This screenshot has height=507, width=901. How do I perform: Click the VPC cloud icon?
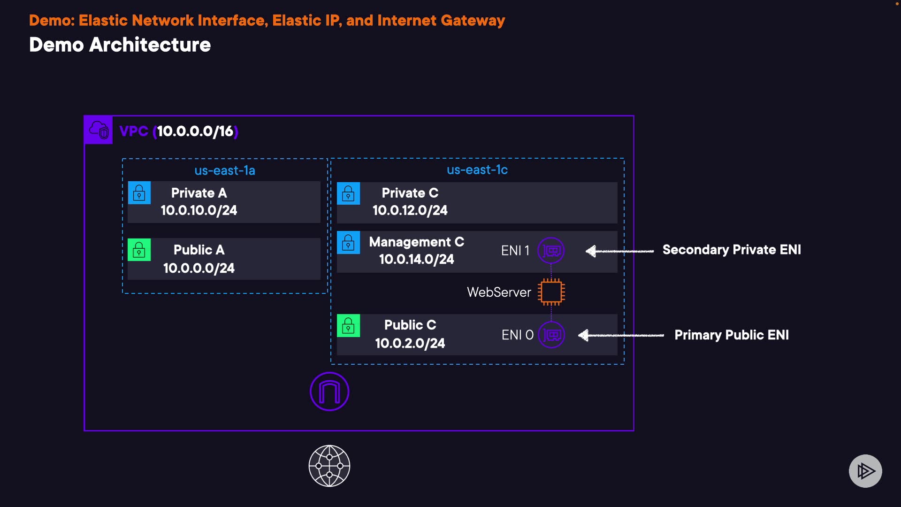[x=99, y=130]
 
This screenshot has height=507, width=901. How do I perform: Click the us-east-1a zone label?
[x=225, y=170]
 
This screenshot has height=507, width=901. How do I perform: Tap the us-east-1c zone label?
[x=477, y=170]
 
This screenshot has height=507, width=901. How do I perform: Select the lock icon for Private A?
[x=139, y=193]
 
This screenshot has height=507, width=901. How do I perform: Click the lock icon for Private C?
[x=348, y=193]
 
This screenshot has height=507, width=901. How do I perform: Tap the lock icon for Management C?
[x=348, y=242]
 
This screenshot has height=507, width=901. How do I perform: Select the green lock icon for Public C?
[x=348, y=326]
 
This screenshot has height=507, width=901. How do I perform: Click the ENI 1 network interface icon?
[x=551, y=251]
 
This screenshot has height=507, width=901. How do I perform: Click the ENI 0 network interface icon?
[x=551, y=335]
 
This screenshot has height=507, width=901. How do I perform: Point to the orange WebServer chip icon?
[x=551, y=292]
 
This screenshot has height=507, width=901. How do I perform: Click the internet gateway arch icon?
[x=329, y=392]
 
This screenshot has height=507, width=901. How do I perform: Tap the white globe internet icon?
[x=329, y=466]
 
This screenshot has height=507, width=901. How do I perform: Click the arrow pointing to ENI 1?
[x=619, y=251]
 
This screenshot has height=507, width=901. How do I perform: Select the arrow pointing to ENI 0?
[x=620, y=335]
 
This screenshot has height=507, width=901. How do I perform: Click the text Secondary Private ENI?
[x=732, y=250]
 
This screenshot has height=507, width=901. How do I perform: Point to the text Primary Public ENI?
[x=732, y=335]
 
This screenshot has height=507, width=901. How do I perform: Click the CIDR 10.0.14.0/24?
[x=416, y=259]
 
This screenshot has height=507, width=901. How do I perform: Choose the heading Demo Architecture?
[x=120, y=45]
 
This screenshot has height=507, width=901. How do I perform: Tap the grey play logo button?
[x=865, y=471]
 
